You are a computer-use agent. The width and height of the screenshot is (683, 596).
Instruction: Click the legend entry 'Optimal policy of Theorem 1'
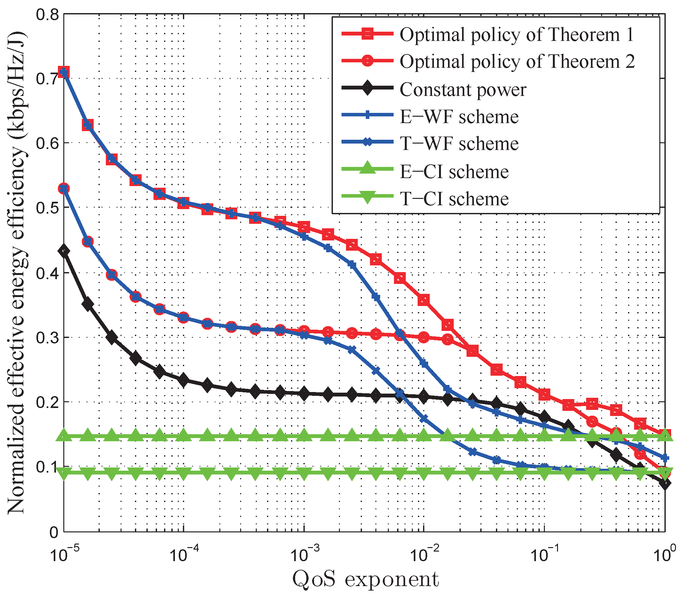pos(516,35)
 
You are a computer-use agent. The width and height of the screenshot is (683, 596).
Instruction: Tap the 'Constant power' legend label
pos(463,90)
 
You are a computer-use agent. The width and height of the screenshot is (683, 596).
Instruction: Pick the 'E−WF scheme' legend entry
pos(459,117)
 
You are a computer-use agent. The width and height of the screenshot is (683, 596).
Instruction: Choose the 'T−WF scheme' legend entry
pos(459,144)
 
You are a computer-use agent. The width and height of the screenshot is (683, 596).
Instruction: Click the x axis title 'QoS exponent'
pos(365,579)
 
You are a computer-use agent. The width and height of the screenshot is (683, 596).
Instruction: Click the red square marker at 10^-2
pos(424,300)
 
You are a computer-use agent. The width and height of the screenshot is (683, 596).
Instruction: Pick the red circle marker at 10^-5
pos(64,189)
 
